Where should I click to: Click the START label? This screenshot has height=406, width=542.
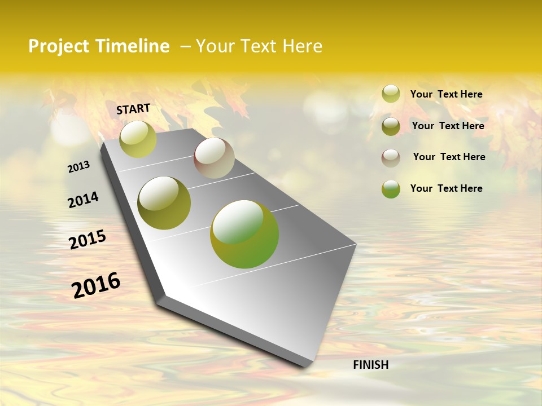click(x=133, y=109)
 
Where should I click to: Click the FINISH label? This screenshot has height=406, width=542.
click(x=370, y=365)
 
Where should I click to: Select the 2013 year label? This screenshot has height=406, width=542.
click(x=79, y=166)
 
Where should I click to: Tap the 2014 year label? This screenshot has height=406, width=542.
click(x=83, y=200)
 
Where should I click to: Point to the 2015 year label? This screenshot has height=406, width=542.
click(x=88, y=240)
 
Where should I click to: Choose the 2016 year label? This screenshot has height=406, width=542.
click(x=96, y=285)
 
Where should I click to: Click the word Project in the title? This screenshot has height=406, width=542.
click(x=59, y=46)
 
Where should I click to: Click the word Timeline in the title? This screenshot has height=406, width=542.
click(x=132, y=46)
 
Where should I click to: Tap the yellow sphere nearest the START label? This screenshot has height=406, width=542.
click(x=138, y=139)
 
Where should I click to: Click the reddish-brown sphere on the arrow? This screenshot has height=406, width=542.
click(x=214, y=158)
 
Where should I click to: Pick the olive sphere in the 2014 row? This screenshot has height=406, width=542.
click(x=164, y=203)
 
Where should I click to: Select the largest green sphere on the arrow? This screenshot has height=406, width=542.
click(x=244, y=234)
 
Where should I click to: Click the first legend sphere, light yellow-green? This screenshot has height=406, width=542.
click(x=391, y=94)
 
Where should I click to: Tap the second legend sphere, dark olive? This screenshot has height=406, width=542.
click(x=391, y=126)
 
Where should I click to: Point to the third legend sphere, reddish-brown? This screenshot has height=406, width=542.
click(x=391, y=158)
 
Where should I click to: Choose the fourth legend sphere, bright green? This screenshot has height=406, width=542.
click(x=391, y=189)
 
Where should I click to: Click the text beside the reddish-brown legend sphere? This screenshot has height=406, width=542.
click(x=449, y=157)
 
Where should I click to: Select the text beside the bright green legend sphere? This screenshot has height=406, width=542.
click(x=446, y=188)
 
